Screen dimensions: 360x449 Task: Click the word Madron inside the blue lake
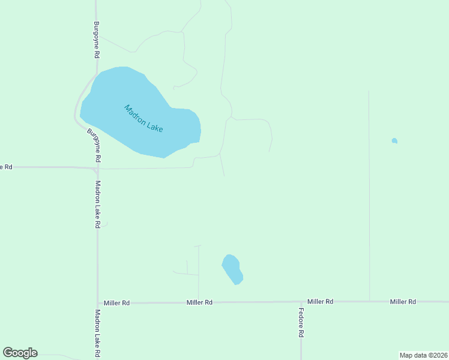[136, 115]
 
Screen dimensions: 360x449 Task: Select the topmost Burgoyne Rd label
[96, 40]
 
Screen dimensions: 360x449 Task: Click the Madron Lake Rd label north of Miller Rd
[97, 205]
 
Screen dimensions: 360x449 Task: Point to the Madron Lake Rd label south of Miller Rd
[97, 334]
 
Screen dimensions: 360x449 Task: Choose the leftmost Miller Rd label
[116, 303]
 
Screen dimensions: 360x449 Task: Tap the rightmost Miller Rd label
[403, 301]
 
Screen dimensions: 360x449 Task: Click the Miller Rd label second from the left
[199, 302]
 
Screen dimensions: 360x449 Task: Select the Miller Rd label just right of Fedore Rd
[320, 301]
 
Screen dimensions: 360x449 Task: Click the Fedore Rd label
[301, 322]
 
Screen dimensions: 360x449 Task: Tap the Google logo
[20, 353]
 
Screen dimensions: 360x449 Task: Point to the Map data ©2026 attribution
[423, 355]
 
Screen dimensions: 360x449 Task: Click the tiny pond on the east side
[394, 141]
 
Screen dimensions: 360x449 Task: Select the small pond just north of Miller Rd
[232, 269]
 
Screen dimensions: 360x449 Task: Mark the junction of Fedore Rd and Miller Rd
[301, 302]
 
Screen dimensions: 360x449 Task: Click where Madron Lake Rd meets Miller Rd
[97, 303]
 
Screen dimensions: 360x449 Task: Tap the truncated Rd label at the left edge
[6, 167]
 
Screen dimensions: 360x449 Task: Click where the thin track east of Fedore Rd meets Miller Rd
[369, 301]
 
